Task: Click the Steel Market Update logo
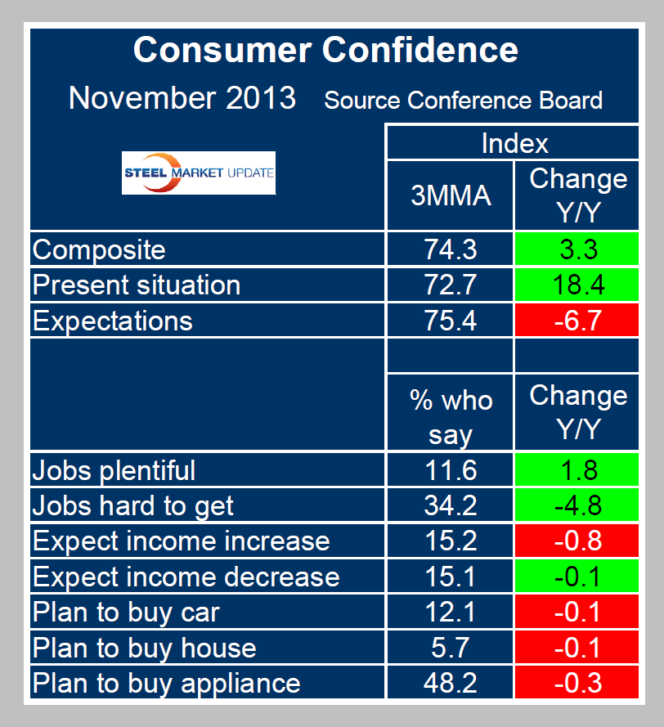199,173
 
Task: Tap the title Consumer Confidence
325,50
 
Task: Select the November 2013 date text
182,98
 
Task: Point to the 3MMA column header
450,196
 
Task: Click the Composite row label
99,249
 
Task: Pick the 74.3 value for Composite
450,249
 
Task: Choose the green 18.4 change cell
577,285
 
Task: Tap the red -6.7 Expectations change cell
577,321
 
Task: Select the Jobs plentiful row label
114,470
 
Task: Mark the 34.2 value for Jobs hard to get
450,505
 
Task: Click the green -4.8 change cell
577,505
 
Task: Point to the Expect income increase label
181,541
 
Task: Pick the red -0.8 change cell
577,541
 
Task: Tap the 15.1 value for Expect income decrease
450,577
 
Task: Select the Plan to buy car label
126,612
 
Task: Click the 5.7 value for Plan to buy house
450,648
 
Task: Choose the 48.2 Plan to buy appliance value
450,683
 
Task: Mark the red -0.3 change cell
577,683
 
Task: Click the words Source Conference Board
463,101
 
